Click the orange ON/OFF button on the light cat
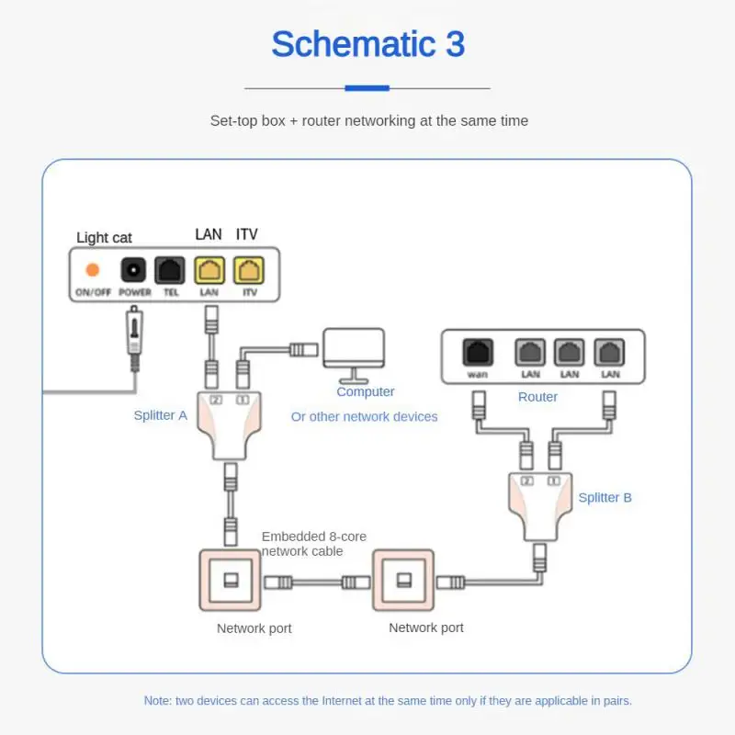(x=92, y=270)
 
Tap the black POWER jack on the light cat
(x=134, y=270)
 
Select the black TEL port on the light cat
(x=171, y=270)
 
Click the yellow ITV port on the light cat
(x=247, y=270)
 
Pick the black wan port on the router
(x=478, y=352)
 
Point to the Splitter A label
(x=160, y=415)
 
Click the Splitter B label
(x=605, y=498)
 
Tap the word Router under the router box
(x=537, y=397)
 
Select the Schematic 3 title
(x=367, y=44)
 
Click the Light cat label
(x=104, y=238)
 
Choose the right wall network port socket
(x=402, y=581)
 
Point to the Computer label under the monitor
(x=365, y=391)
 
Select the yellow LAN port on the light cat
(x=209, y=270)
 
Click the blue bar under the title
(x=367, y=88)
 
